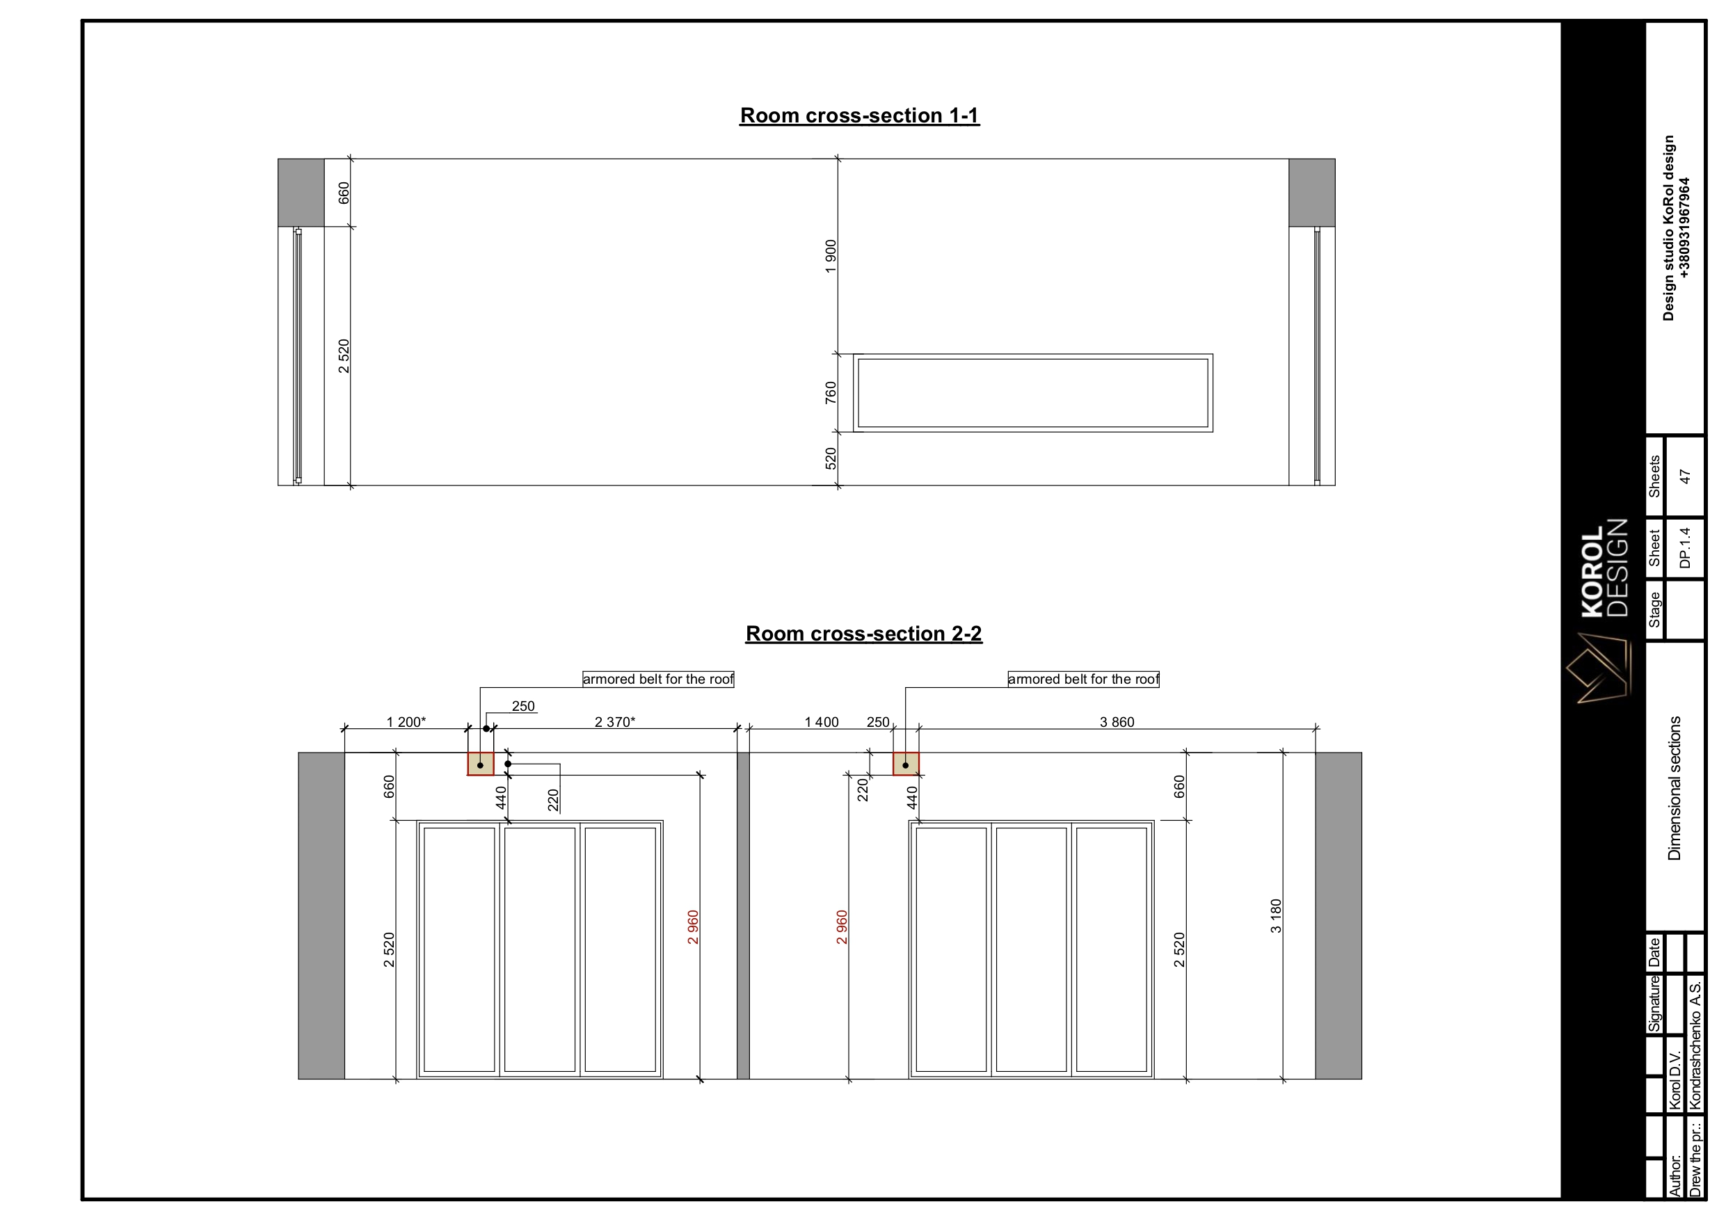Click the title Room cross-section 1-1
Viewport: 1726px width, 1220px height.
tap(859, 115)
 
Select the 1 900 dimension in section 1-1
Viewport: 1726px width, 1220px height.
tap(831, 257)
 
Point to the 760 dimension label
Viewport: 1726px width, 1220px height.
tap(831, 392)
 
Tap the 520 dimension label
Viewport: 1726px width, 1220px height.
tap(831, 458)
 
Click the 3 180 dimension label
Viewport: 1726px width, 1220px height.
tap(1276, 916)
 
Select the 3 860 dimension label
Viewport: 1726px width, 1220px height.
tap(1117, 723)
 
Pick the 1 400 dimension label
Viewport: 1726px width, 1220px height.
tap(822, 723)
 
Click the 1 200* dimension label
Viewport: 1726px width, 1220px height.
tap(406, 723)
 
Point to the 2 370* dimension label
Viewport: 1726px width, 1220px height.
tap(615, 723)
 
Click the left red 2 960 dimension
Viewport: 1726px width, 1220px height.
tap(693, 928)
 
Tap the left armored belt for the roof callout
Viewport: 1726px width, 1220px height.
tap(659, 680)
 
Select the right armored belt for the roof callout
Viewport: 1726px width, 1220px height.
tap(1083, 680)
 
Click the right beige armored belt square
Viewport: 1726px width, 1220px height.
tap(906, 764)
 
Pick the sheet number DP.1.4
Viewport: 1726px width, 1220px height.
tap(1685, 548)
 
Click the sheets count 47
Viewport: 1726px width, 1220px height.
tap(1685, 476)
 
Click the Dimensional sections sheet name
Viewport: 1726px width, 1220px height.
tap(1674, 788)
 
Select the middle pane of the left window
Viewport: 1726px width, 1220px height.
tap(540, 949)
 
